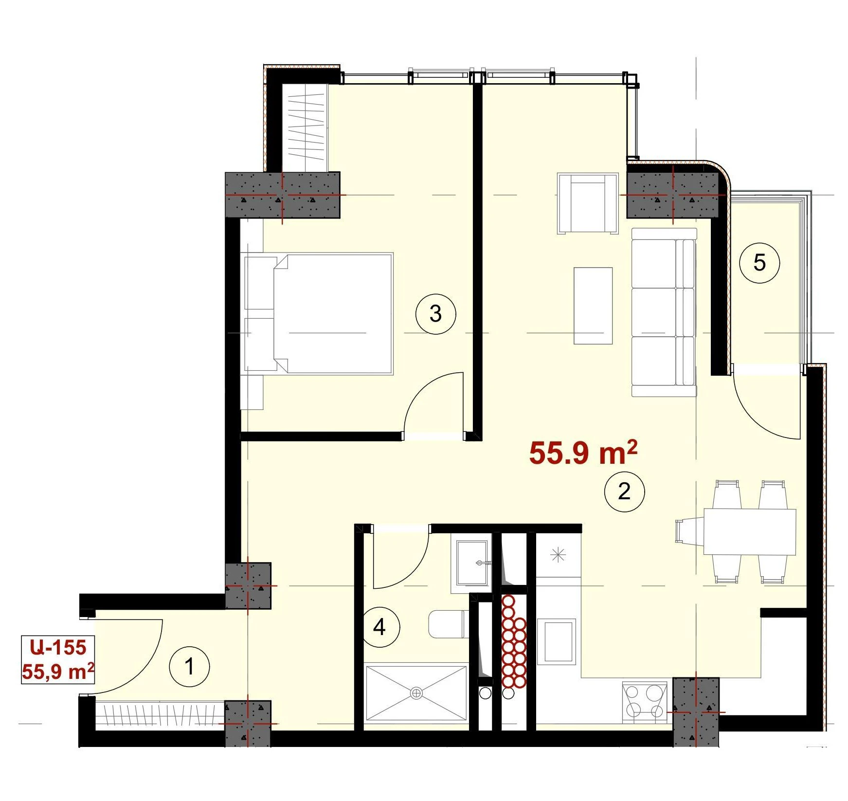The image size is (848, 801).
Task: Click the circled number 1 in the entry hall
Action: pos(189,666)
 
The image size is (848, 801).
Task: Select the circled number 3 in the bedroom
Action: pos(435,314)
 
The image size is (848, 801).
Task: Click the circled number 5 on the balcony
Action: pos(759,263)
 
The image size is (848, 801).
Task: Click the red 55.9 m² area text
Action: pos(583,453)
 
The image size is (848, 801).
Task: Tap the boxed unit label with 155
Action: pos(58,659)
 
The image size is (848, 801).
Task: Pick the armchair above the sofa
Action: pos(588,203)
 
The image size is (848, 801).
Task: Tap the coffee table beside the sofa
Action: pos(593,306)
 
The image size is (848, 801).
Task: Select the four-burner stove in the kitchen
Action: pos(644,700)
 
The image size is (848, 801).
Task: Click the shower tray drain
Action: pos(416,693)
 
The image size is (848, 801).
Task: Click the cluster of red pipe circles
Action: pos(514,641)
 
